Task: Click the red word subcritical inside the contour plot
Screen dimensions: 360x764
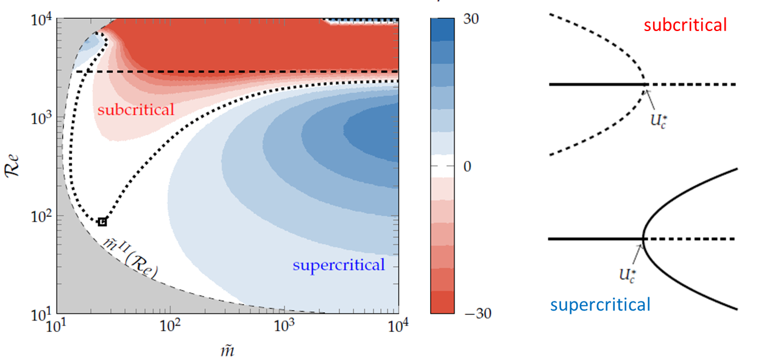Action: (x=136, y=110)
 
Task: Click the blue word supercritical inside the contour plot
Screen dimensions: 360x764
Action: (x=339, y=265)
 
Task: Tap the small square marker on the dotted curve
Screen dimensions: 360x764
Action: (x=102, y=222)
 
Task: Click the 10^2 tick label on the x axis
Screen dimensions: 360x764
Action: (x=170, y=328)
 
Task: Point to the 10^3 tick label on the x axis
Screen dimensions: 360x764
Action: (x=283, y=328)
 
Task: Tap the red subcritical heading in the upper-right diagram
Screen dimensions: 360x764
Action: (x=685, y=25)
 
